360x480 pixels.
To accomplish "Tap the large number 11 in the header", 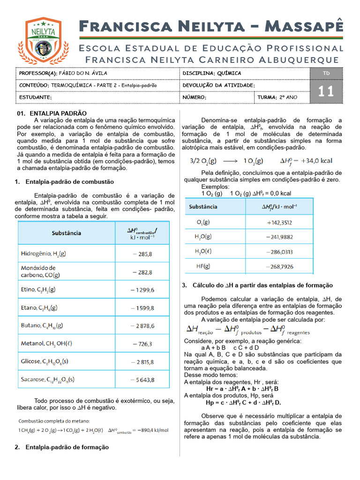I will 326,91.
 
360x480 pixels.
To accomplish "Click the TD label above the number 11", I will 326,73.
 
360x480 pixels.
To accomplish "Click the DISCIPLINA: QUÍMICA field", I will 212,74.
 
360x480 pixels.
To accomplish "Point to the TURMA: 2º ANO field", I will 277,97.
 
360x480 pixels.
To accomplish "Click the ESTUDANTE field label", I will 35,97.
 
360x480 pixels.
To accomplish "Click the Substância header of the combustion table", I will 66,233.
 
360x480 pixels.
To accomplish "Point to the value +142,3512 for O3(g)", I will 279,223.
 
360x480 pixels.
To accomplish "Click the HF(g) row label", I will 203,266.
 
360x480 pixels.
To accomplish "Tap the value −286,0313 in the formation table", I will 279,252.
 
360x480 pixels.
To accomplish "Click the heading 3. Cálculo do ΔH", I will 257,285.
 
